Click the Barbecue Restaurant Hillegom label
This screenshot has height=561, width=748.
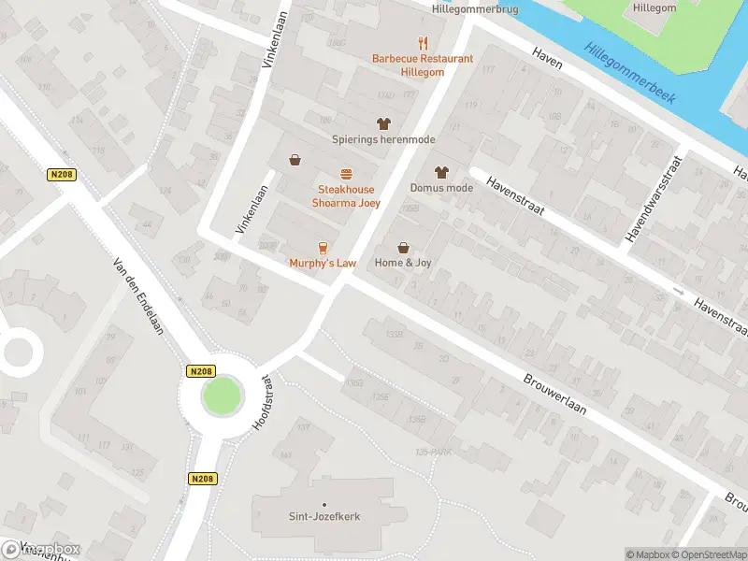[423, 65]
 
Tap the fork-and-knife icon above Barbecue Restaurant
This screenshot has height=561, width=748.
[423, 42]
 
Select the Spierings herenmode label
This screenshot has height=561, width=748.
[383, 139]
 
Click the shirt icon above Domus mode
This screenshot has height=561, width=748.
[441, 172]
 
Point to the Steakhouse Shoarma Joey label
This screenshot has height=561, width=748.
[345, 196]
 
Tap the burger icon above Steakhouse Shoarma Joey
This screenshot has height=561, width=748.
[346, 174]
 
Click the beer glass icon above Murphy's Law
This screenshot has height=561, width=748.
[323, 248]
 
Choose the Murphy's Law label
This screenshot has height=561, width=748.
[323, 264]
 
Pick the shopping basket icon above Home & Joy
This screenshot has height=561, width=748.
[404, 248]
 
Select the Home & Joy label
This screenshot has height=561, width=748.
[404, 264]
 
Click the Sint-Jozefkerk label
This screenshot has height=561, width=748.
[324, 516]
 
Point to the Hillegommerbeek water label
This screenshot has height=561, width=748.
[630, 72]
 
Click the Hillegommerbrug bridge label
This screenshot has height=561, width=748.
[476, 8]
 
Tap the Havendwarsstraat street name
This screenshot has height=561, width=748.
[654, 201]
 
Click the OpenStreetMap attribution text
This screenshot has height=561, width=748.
[707, 554]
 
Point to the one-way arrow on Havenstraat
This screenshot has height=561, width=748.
[679, 293]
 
